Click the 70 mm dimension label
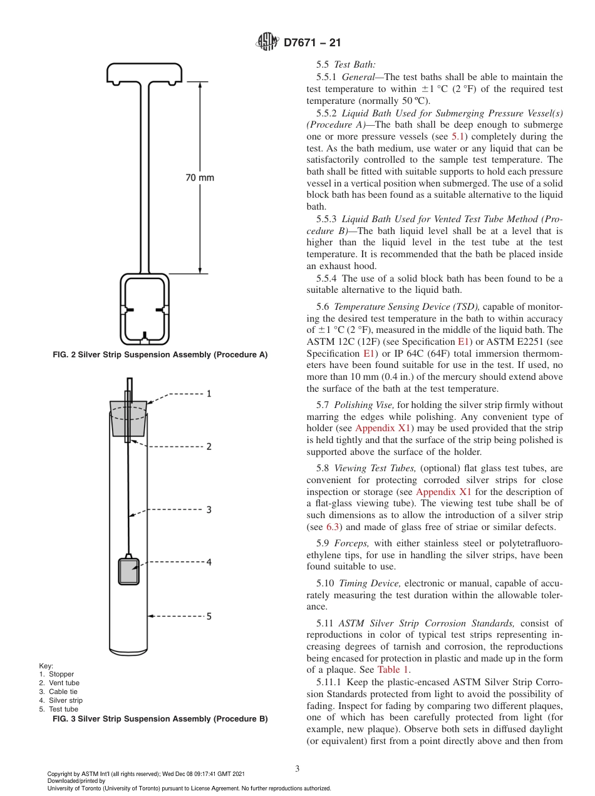[x=200, y=178]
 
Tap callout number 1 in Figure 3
[x=209, y=394]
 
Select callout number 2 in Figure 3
[x=209, y=447]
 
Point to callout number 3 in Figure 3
[x=209, y=510]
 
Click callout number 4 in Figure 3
[x=209, y=563]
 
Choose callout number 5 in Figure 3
[x=209, y=616]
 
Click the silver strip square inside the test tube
[x=128, y=571]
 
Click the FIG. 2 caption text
[x=159, y=355]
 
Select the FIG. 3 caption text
[x=159, y=719]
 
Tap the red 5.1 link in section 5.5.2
[x=458, y=136]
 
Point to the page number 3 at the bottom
[x=297, y=768]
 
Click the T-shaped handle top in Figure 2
[x=145, y=73]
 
